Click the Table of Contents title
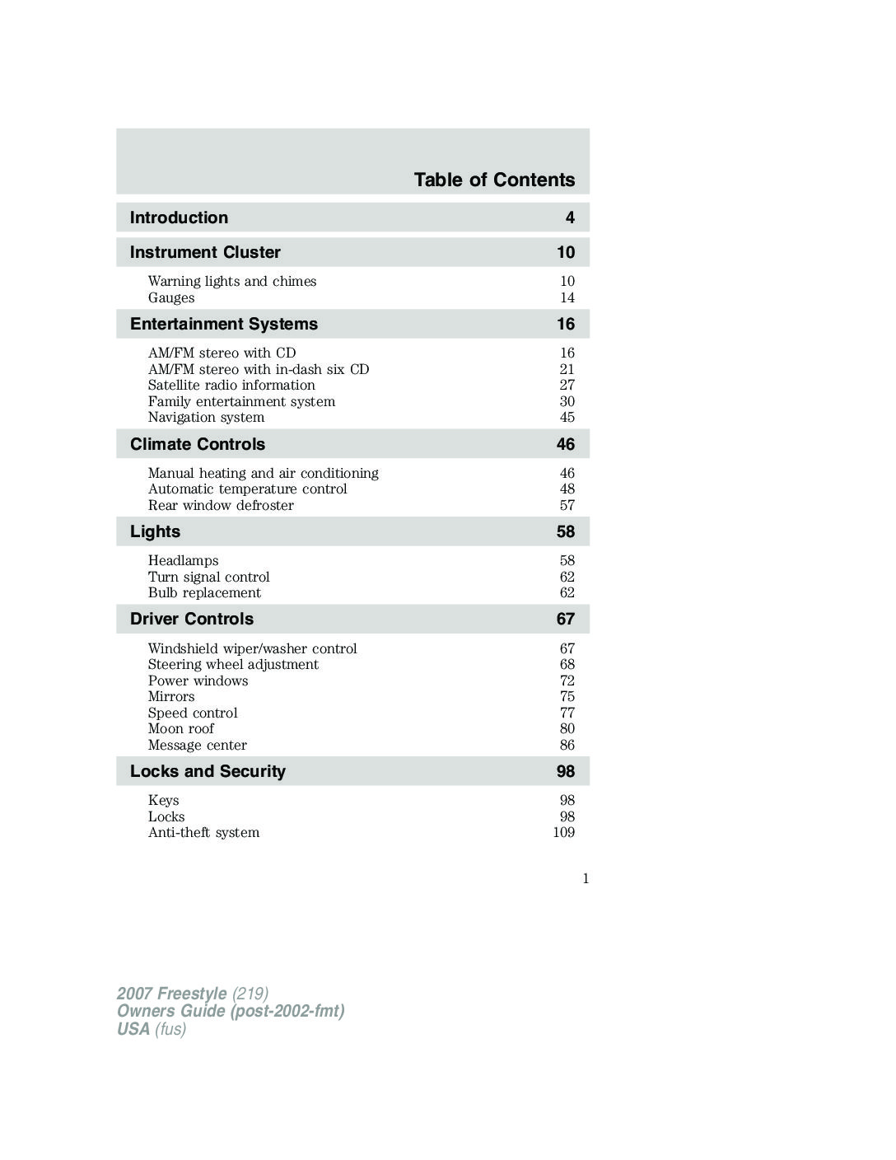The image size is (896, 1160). (x=494, y=180)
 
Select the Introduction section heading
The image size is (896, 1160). (x=179, y=217)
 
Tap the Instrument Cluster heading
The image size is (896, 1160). (x=205, y=252)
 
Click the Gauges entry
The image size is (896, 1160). (x=171, y=297)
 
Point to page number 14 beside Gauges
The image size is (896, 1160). (x=567, y=297)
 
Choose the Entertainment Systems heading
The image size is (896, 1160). (x=224, y=324)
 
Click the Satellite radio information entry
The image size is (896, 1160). (x=231, y=385)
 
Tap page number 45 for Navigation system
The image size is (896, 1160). (x=567, y=417)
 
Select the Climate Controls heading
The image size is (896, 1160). (x=198, y=444)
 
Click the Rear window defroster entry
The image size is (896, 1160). (x=221, y=505)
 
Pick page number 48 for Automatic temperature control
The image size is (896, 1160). (x=567, y=489)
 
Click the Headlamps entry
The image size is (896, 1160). (x=183, y=560)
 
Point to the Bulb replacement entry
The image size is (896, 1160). (x=204, y=592)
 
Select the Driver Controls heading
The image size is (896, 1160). (x=192, y=619)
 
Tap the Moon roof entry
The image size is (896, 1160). (x=180, y=728)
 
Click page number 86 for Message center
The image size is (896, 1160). (x=567, y=745)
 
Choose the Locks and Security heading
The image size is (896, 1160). (x=208, y=771)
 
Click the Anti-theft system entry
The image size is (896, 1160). (x=203, y=832)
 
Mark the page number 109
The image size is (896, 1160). (x=564, y=832)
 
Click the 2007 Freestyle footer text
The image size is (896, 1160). (x=193, y=993)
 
